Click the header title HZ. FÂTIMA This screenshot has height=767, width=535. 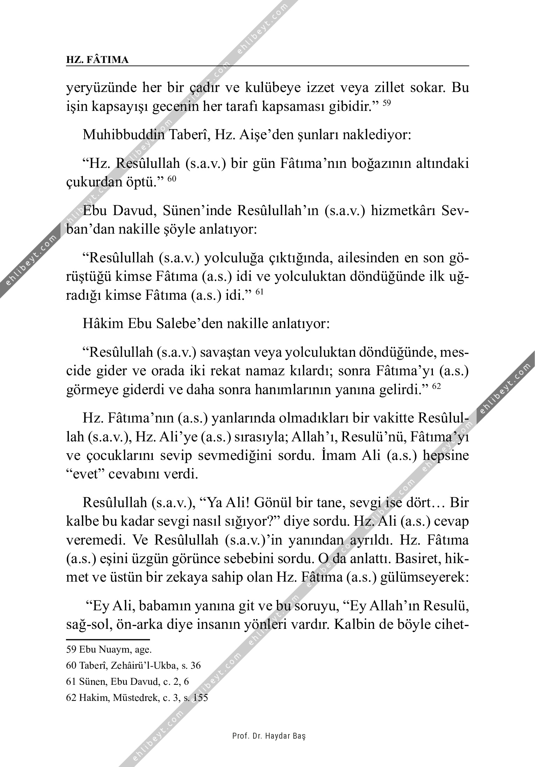pos(97,60)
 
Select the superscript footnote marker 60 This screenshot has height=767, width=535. pos(171,179)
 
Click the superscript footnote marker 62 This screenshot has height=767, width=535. pos(437,386)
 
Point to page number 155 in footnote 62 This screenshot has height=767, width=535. pos(200,698)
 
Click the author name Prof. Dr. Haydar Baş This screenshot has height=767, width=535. pos(269,736)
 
